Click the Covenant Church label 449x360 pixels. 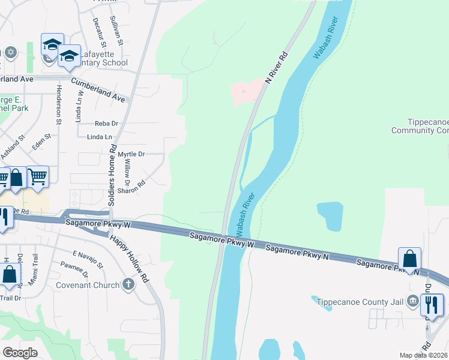click(90, 285)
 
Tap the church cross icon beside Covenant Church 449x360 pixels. click(128, 284)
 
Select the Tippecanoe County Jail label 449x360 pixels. click(359, 301)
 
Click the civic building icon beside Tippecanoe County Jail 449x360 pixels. click(413, 301)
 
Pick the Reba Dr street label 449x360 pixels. click(107, 124)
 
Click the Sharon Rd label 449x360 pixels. click(131, 188)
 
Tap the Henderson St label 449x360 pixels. click(59, 104)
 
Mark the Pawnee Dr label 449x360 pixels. click(74, 269)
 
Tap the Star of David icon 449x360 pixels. click(10, 52)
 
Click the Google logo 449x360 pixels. click(20, 352)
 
